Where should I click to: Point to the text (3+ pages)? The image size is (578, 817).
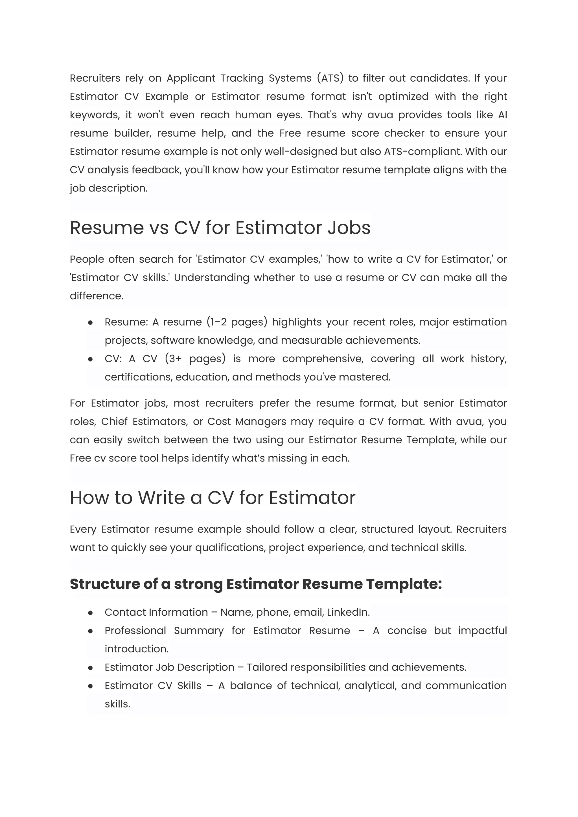195,359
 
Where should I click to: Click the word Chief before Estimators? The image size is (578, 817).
114,421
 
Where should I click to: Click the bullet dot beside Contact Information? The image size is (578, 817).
90,613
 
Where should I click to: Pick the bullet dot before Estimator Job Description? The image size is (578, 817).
90,667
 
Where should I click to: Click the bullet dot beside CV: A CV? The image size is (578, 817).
90,359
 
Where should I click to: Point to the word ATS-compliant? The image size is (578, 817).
422,151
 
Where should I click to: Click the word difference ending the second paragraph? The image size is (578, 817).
97,296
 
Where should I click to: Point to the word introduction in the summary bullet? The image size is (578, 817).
136,649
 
